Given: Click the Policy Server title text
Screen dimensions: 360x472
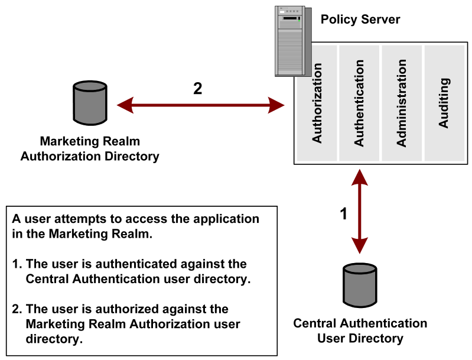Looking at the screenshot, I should [x=360, y=20].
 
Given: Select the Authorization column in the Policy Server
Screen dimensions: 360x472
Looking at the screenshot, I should [x=317, y=104].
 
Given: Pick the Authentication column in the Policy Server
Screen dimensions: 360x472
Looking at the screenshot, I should [x=359, y=104].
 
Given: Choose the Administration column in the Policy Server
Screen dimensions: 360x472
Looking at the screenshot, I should [x=402, y=104].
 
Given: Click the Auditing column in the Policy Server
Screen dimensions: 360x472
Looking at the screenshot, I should [x=444, y=104].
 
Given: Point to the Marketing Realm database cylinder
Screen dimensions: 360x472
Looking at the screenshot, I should [x=90, y=103].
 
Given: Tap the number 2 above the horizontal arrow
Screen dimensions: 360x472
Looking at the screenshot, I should [x=197, y=89].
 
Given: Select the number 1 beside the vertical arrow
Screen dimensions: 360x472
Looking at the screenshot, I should [x=344, y=213].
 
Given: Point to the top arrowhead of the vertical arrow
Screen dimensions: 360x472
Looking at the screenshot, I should [x=360, y=176].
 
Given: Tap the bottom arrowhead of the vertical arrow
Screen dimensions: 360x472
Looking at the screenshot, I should [x=360, y=245].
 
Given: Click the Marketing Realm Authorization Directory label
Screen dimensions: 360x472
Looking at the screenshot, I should [x=90, y=149].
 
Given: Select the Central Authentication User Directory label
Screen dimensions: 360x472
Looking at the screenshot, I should [x=360, y=331].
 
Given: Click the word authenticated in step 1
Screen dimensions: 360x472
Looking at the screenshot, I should [x=127, y=264].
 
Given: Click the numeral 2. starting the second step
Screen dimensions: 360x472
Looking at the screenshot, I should [x=17, y=309].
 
